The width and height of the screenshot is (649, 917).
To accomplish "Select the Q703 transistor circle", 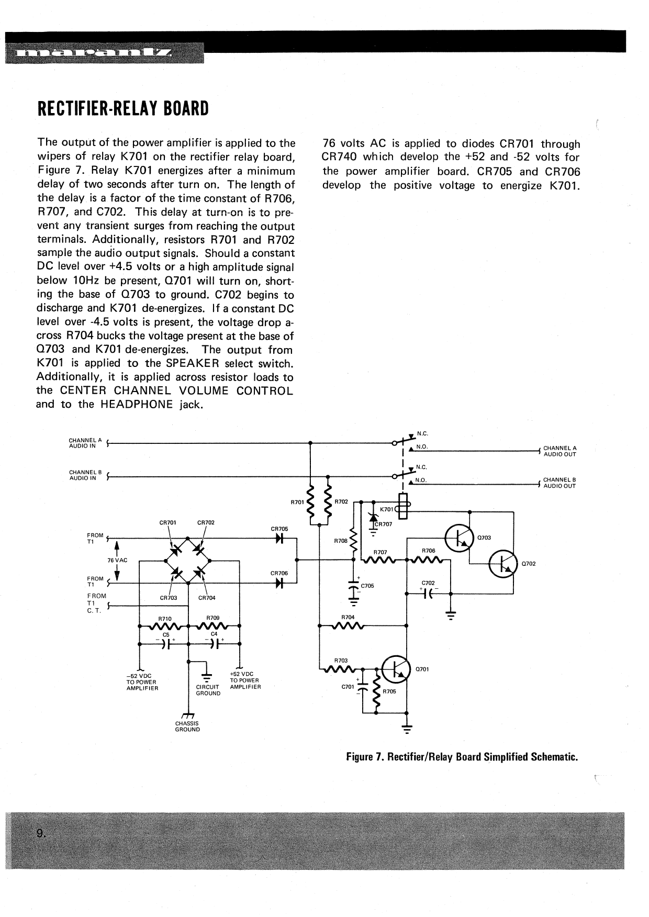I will point(459,536).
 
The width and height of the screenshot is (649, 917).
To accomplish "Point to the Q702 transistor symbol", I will point(502,563).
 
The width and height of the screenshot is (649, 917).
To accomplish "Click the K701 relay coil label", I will point(387,509).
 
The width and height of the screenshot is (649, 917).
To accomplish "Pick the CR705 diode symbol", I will point(279,539).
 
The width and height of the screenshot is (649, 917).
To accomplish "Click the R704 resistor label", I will point(348,618).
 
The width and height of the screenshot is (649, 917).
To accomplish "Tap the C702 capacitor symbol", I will point(429,594).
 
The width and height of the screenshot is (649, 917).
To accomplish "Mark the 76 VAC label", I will point(117,560).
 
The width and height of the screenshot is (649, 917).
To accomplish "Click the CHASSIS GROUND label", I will point(187,726).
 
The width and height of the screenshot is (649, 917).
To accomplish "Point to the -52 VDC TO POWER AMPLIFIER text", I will point(142,682).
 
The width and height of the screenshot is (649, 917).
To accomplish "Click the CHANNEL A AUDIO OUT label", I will point(560,451).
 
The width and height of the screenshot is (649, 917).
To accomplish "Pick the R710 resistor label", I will point(164,619).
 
